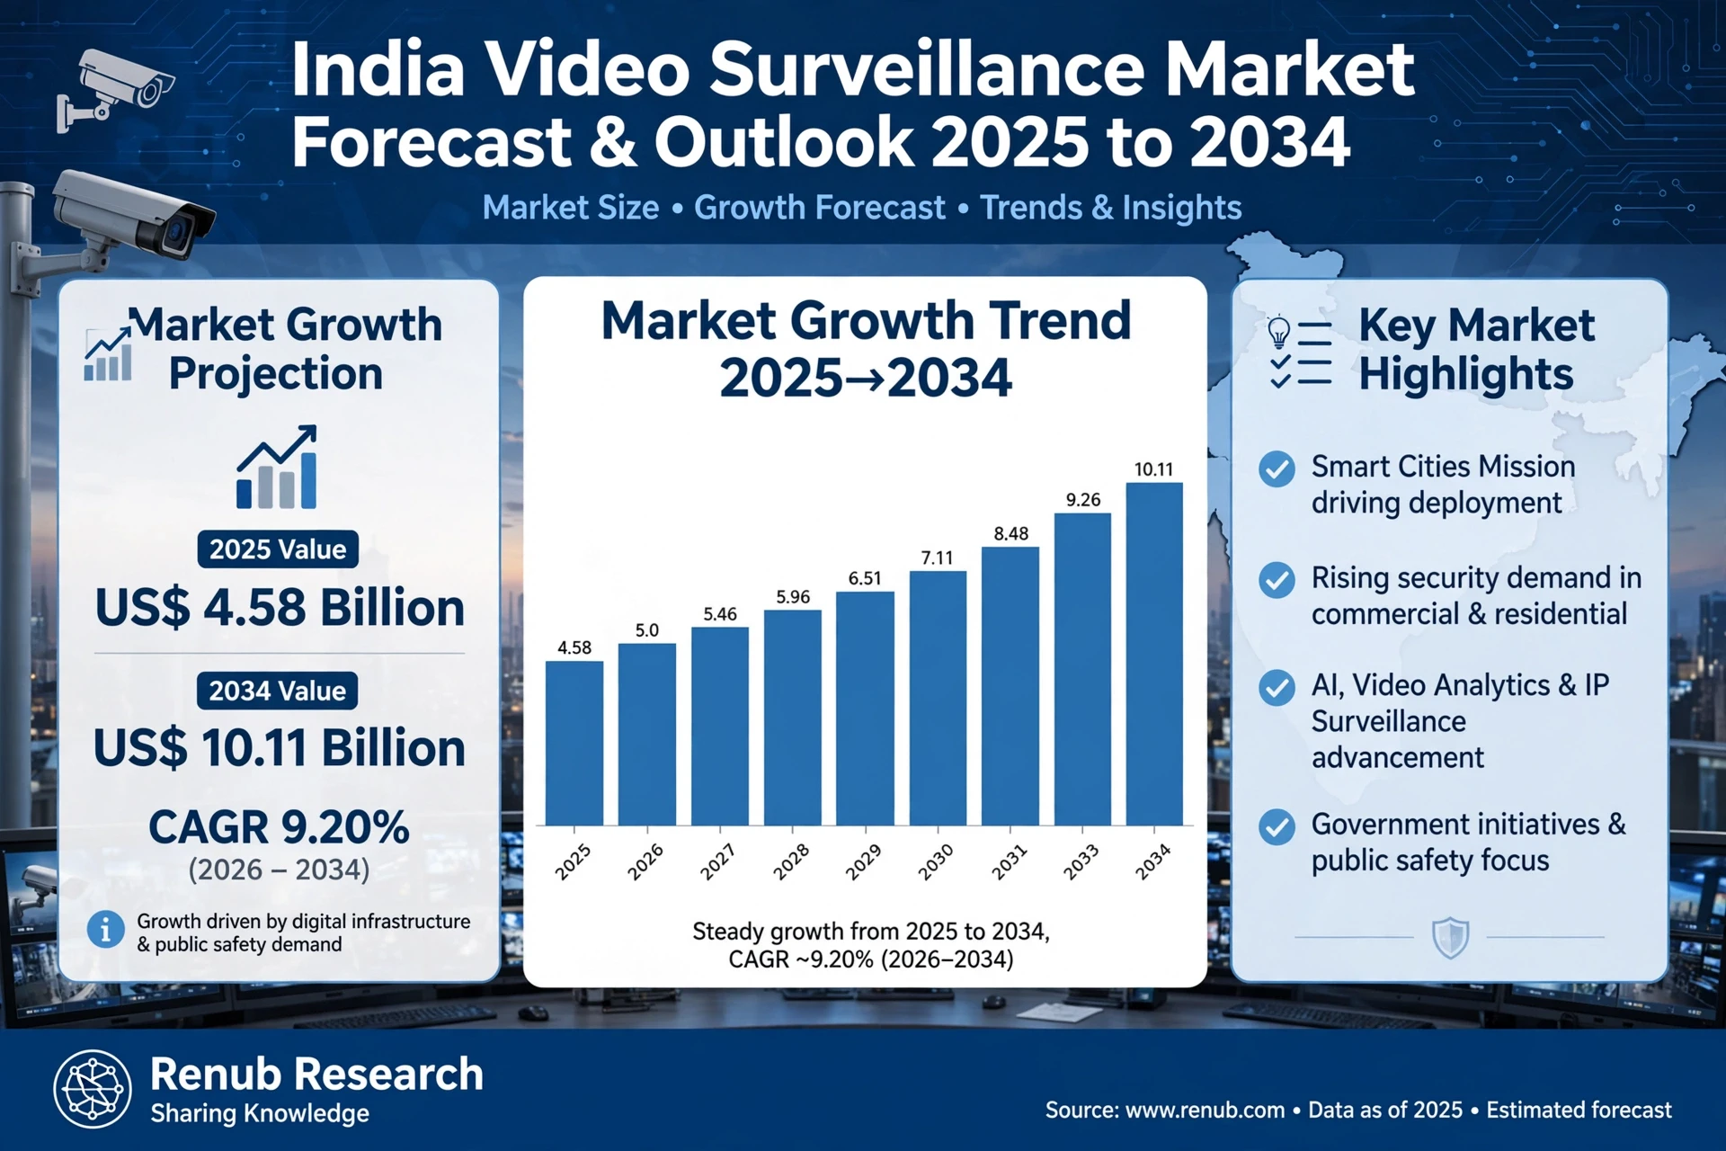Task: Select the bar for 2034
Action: click(1154, 654)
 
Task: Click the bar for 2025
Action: click(574, 743)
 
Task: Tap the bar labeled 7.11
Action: click(938, 698)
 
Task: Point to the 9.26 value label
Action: click(1083, 500)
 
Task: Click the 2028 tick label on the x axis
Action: click(791, 861)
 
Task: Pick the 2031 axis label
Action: click(1009, 861)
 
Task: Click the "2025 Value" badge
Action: click(278, 549)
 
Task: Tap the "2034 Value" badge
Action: click(278, 691)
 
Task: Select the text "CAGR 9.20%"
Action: click(279, 827)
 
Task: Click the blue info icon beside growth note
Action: click(105, 929)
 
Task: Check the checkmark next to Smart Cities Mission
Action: click(1277, 468)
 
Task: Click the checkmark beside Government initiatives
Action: click(1277, 826)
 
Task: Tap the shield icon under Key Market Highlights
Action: click(1450, 938)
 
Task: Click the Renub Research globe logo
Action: click(93, 1089)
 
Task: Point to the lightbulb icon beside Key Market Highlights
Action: click(1278, 332)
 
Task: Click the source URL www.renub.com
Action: click(1205, 1111)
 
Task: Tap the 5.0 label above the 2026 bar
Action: click(647, 630)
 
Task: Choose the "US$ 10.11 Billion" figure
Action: click(280, 748)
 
